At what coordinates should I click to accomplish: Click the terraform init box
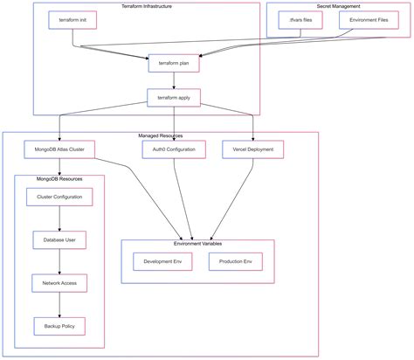72,18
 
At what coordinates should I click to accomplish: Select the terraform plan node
175,63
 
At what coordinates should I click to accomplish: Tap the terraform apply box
175,98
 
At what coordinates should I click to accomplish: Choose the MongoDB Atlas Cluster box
59,149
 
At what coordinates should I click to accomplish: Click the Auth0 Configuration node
175,149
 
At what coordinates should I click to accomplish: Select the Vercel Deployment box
252,149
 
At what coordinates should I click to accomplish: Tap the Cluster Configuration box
59,197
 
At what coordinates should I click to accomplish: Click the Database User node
59,239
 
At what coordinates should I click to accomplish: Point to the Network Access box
59,282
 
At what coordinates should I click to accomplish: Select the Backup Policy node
59,325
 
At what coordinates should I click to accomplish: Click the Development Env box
163,261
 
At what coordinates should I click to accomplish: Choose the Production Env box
236,261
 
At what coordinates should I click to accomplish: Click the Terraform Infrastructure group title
147,6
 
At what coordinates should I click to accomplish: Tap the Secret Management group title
338,6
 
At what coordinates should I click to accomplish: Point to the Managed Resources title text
161,135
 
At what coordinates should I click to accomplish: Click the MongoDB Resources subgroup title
59,178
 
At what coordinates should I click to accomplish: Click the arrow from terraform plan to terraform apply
175,80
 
